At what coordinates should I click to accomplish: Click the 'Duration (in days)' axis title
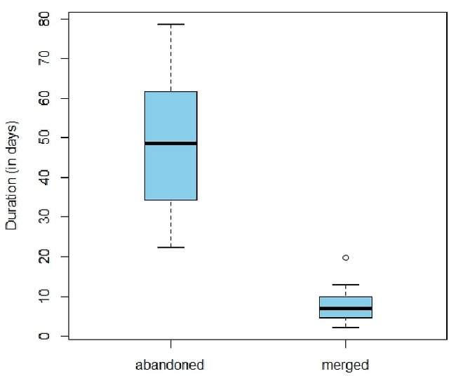coord(12,175)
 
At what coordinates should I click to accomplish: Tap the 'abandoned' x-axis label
coord(170,365)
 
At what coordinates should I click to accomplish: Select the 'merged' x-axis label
coord(345,365)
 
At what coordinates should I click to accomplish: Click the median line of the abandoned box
coord(170,143)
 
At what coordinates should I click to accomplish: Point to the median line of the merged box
coord(345,308)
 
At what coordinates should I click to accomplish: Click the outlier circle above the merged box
coord(345,257)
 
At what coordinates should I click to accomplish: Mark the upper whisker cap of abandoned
coord(170,25)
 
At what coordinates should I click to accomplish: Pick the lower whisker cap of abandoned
coord(170,248)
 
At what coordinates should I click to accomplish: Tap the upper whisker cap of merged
coord(345,285)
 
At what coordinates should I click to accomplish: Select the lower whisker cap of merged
coord(345,328)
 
